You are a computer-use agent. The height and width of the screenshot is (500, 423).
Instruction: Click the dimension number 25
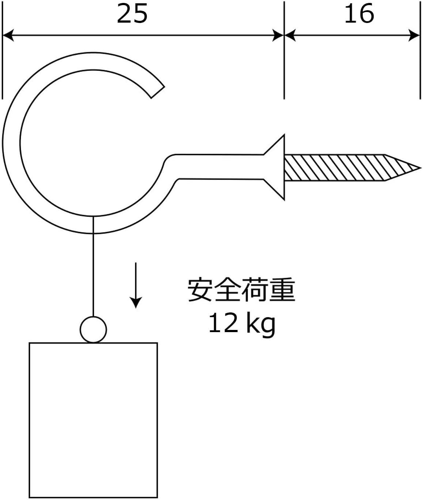pyautogui.click(x=132, y=14)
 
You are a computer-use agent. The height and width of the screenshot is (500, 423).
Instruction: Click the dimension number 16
pyautogui.click(x=359, y=14)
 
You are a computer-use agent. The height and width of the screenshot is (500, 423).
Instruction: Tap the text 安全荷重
pyautogui.click(x=241, y=290)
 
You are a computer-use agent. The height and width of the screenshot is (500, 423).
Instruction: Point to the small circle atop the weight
pyautogui.click(x=94, y=330)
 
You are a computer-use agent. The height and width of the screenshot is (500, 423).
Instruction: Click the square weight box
pyautogui.click(x=93, y=420)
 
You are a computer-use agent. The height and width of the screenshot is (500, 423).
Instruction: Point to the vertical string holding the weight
pyautogui.click(x=94, y=266)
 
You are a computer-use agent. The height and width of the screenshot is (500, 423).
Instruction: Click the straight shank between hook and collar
pyautogui.click(x=219, y=167)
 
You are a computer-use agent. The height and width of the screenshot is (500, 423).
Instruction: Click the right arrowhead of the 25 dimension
pyautogui.click(x=278, y=36)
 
